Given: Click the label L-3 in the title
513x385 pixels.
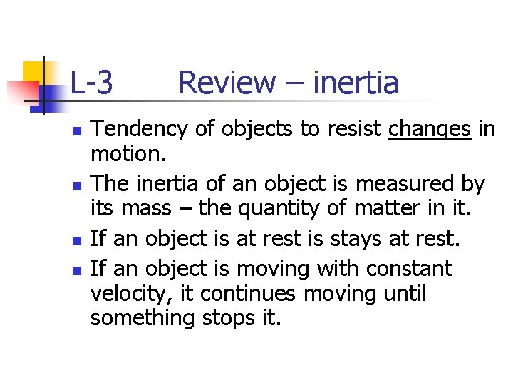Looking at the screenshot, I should click(x=91, y=83).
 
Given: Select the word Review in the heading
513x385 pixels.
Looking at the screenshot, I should click(x=226, y=83).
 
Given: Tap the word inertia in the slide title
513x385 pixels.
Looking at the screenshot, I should click(x=356, y=83).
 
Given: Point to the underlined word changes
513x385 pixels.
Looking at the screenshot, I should click(x=430, y=129).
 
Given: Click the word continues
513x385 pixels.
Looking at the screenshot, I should click(x=237, y=294).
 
